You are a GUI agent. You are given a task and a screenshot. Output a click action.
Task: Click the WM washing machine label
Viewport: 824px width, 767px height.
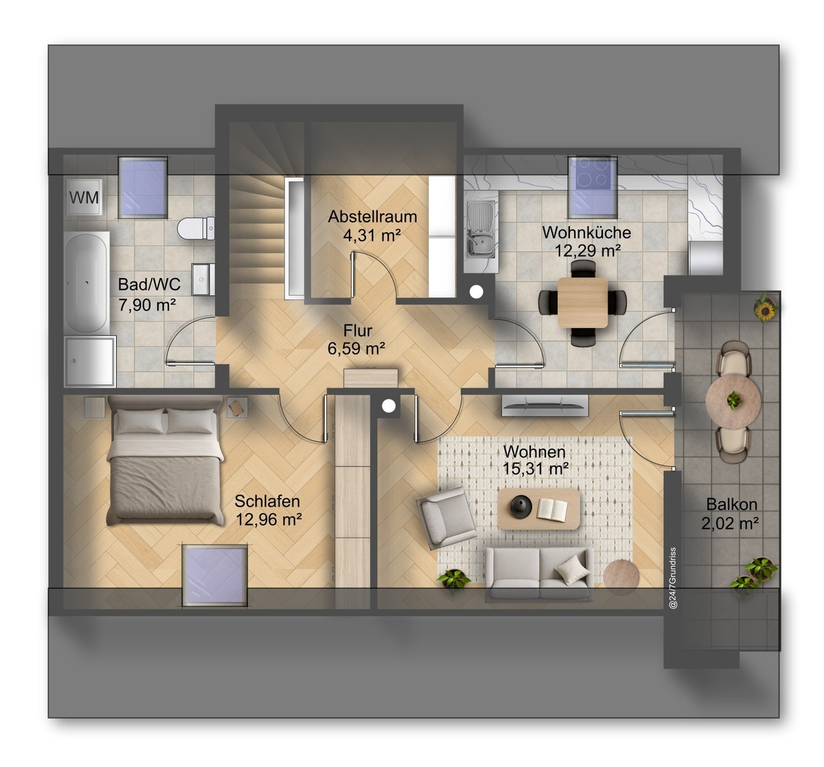click(x=84, y=198)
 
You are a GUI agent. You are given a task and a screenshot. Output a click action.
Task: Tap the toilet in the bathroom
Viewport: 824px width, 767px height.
click(x=196, y=228)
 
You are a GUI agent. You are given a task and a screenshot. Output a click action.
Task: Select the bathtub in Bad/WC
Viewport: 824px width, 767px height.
click(x=87, y=282)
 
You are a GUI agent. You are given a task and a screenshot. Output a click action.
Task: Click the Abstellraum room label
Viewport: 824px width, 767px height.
click(x=372, y=217)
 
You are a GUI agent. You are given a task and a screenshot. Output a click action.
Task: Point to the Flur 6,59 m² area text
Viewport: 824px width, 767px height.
click(x=357, y=349)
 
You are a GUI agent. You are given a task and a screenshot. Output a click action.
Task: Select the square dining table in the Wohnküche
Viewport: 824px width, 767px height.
click(x=582, y=302)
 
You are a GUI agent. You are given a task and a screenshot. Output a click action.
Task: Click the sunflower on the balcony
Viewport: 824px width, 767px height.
click(x=765, y=310)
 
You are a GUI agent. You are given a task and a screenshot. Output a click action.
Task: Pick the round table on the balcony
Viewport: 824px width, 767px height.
click(x=733, y=400)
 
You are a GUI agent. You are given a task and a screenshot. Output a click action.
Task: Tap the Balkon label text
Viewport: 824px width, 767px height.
click(x=731, y=504)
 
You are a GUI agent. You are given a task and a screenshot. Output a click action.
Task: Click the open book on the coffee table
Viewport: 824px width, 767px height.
click(x=552, y=510)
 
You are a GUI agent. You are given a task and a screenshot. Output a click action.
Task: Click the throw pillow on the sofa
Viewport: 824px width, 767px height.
click(x=572, y=570)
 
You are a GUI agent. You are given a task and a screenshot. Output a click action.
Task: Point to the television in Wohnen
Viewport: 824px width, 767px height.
click(x=545, y=405)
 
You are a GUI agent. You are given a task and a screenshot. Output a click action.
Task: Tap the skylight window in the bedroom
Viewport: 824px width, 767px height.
click(x=215, y=575)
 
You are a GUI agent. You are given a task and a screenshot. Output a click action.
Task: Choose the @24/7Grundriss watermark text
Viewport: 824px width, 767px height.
click(x=673, y=578)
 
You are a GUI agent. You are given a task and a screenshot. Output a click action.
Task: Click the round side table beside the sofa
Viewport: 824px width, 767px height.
click(x=621, y=577)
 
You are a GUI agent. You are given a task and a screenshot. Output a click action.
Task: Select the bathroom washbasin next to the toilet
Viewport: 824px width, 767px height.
click(x=203, y=279)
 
